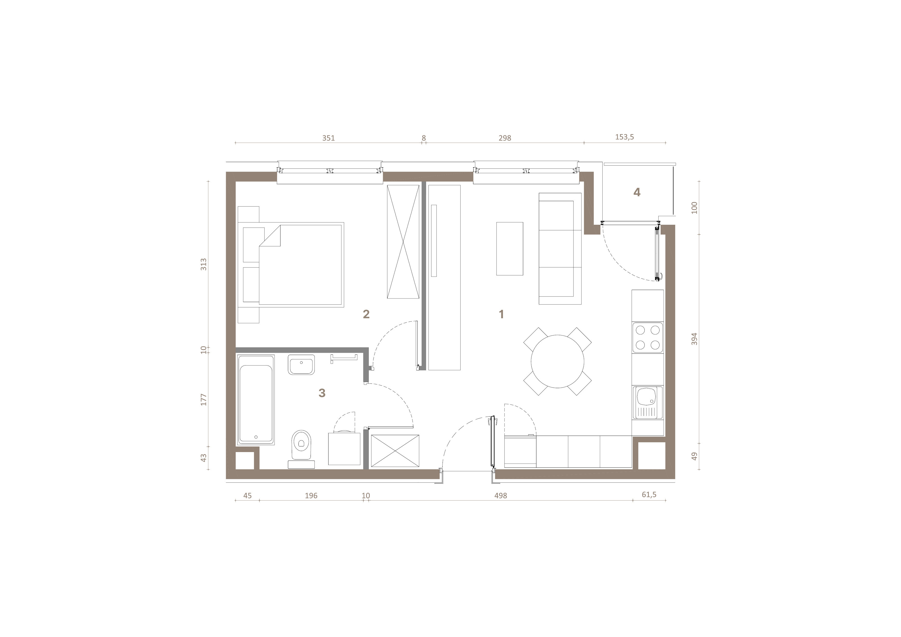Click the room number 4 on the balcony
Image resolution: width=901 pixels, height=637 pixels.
click(637, 192)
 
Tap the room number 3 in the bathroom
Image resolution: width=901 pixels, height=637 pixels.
click(322, 393)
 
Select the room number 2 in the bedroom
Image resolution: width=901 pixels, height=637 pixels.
click(366, 314)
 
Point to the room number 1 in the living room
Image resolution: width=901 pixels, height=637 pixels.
click(501, 314)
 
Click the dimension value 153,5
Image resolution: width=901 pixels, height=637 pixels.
click(624, 137)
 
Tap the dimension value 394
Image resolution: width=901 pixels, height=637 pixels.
click(694, 339)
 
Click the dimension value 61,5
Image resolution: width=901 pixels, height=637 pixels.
click(649, 495)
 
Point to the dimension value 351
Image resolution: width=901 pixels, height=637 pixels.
click(329, 138)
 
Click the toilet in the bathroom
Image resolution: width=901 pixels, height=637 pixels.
click(301, 447)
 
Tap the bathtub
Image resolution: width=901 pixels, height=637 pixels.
click(256, 400)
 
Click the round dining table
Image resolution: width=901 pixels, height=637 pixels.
click(557, 361)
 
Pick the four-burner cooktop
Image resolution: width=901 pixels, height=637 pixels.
click(647, 338)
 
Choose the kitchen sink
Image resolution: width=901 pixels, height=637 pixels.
click(647, 403)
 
